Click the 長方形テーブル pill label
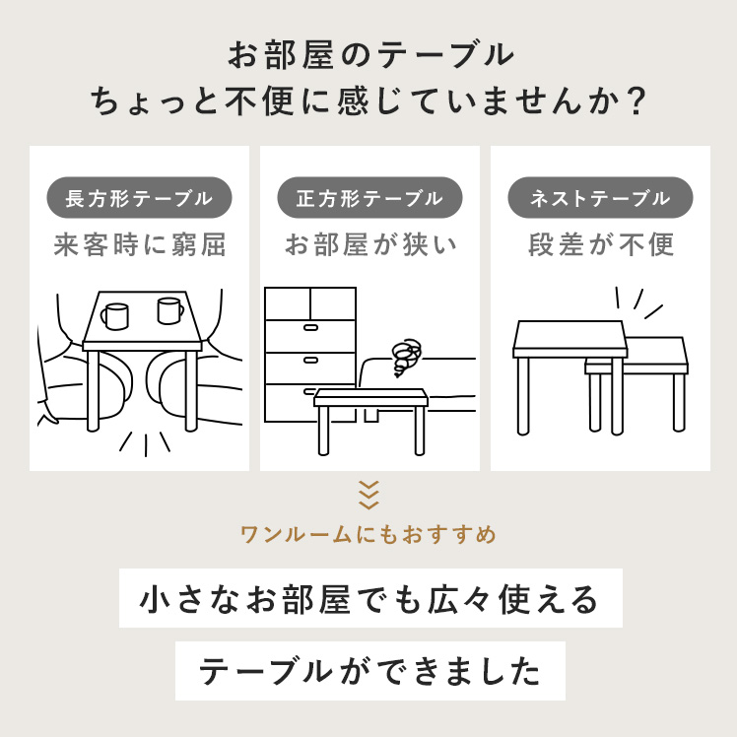point(139,198)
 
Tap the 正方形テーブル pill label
point(369,198)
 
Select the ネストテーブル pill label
point(600,198)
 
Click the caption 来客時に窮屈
point(140,245)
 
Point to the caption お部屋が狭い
point(370,245)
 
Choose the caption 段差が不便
point(601,245)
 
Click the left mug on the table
point(114,316)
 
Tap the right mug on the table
point(169,310)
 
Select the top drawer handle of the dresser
point(310,327)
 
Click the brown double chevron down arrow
point(368,495)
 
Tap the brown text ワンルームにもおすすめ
point(368,535)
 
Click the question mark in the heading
point(636,101)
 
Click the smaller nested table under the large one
point(636,383)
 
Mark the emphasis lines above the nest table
point(637,303)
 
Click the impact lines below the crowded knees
point(145,444)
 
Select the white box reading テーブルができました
point(370,671)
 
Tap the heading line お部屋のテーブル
point(370,55)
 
